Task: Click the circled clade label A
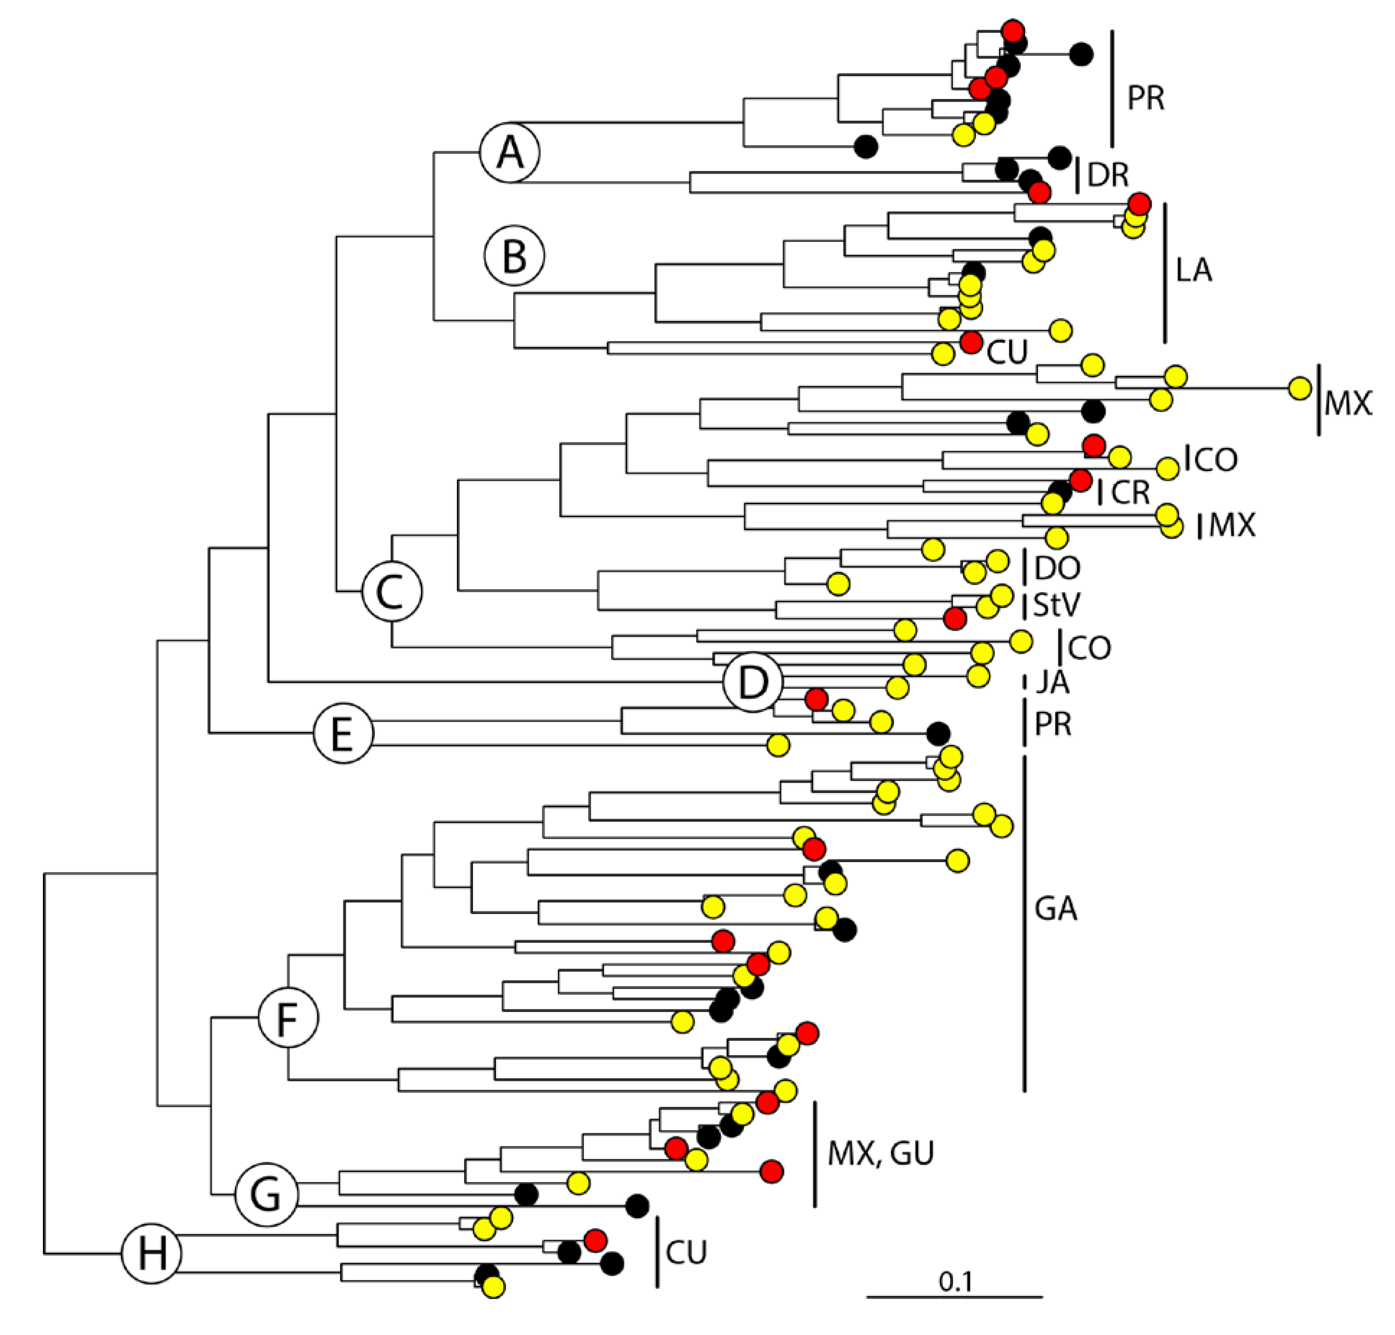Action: coord(509,152)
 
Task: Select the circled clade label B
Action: coord(514,256)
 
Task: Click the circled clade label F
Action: coord(287,1018)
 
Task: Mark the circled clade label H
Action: coord(151,1253)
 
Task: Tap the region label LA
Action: coord(1194,271)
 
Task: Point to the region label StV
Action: coord(1056,605)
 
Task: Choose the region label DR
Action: coord(1108,175)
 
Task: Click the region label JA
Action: coord(1052,683)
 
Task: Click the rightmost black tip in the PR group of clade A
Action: coord(1081,53)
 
